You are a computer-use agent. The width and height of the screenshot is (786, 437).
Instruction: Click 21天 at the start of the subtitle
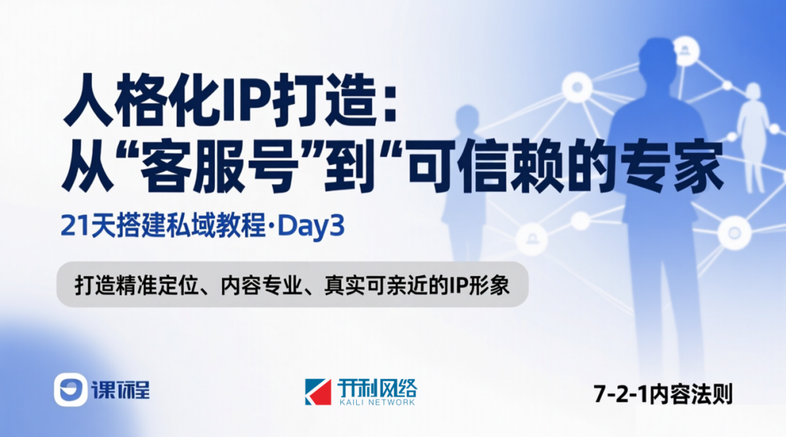point(81,228)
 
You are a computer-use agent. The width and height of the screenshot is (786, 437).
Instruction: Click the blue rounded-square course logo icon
point(70,391)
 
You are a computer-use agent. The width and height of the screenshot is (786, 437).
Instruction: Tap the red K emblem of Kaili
point(318,391)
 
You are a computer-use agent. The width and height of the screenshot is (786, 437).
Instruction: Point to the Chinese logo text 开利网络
point(376,386)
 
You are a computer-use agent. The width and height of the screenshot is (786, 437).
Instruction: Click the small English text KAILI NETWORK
point(376,403)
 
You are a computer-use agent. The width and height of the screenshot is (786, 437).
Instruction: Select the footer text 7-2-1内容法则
point(663,395)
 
